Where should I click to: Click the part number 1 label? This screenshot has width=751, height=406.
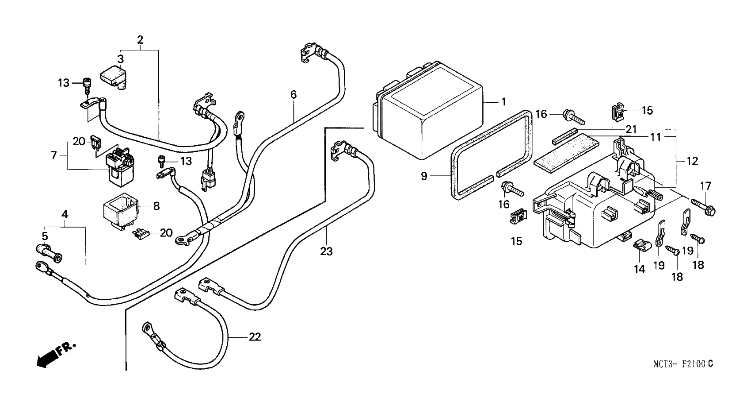(503, 102)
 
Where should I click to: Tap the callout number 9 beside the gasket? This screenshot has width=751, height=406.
(424, 177)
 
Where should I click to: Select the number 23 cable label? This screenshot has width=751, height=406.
(326, 252)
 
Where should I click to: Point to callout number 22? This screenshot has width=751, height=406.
(255, 337)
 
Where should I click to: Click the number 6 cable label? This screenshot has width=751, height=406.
(293, 94)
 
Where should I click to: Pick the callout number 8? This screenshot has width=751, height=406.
(156, 206)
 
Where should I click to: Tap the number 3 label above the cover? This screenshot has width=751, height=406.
(120, 59)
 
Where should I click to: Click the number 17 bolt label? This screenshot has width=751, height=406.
(705, 186)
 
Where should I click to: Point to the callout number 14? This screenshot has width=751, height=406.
(640, 269)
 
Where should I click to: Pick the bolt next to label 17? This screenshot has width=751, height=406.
(703, 207)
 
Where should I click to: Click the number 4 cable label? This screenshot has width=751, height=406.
(65, 215)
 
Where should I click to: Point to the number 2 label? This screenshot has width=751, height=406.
(140, 40)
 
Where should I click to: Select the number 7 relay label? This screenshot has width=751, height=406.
(54, 155)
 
